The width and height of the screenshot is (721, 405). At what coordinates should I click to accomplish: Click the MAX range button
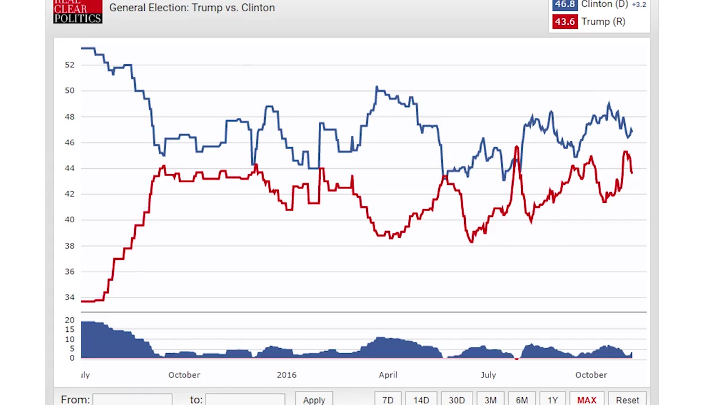[x=586, y=399]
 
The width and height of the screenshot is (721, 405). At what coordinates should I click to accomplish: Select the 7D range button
[x=388, y=399]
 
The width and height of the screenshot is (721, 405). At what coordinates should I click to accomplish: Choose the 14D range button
[x=421, y=399]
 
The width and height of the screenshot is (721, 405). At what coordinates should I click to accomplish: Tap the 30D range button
[x=456, y=399]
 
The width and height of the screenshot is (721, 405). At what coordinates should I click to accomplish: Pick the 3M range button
[x=490, y=399]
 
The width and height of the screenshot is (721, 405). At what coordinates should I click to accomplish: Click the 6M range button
[x=522, y=399]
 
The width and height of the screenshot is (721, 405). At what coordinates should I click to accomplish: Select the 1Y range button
[x=553, y=399]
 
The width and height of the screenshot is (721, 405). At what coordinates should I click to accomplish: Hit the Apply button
[x=314, y=399]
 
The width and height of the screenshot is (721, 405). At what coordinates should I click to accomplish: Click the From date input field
[x=132, y=399]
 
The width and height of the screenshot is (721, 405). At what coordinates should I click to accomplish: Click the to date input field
[x=245, y=399]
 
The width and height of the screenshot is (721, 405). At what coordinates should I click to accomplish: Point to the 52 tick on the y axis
[x=69, y=65]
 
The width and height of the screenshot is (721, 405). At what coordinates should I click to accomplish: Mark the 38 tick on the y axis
[x=69, y=246]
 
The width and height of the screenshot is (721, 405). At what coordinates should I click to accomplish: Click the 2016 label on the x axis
[x=286, y=375]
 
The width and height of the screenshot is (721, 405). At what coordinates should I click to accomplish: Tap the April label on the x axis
[x=388, y=375]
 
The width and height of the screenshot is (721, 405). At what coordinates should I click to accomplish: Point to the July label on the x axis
[x=488, y=375]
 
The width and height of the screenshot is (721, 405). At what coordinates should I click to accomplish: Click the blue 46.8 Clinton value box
[x=564, y=5]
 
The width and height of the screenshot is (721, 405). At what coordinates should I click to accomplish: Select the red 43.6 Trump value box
[x=564, y=22]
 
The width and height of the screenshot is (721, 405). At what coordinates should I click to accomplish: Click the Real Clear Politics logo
[x=78, y=11]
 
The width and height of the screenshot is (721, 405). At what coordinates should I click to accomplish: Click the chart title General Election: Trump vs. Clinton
[x=192, y=8]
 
